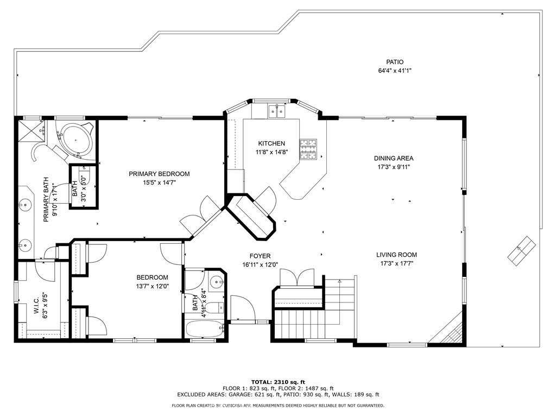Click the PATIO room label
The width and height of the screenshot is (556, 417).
pyautogui.click(x=395, y=62)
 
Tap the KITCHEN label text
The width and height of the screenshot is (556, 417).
pyautogui.click(x=271, y=143)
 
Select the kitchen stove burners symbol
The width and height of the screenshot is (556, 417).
pyautogui.click(x=308, y=149)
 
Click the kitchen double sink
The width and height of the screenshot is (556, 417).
pyautogui.click(x=276, y=111)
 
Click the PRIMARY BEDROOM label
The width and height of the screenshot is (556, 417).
pyautogui.click(x=159, y=174)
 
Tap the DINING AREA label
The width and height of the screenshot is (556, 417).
pyautogui.click(x=394, y=159)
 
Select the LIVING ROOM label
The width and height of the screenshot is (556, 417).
pyautogui.click(x=396, y=255)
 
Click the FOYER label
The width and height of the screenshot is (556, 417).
pyautogui.click(x=260, y=256)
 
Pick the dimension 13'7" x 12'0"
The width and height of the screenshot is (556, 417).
pyautogui.click(x=153, y=286)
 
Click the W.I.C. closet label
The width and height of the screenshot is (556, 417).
pyautogui.click(x=36, y=306)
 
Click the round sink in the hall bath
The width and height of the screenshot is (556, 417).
pyautogui.click(x=216, y=282)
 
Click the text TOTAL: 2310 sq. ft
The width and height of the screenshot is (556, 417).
pyautogui.click(x=278, y=382)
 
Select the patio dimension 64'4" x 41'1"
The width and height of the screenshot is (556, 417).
pyautogui.click(x=395, y=71)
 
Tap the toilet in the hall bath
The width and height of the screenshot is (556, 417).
pyautogui.click(x=214, y=307)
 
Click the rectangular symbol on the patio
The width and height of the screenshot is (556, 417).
pyautogui.click(x=522, y=251)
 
